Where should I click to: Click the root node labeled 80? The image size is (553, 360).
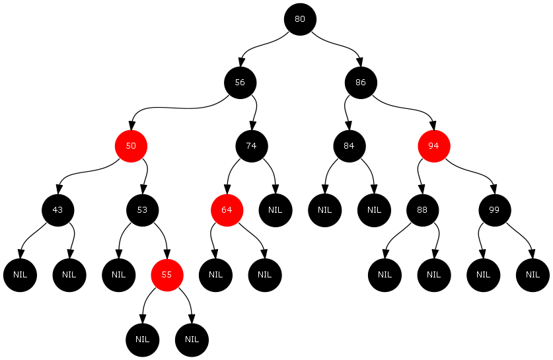[x=300, y=18]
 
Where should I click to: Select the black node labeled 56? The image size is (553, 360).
[x=240, y=83]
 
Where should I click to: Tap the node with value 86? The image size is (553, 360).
[x=361, y=83]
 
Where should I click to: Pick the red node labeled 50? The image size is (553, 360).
[x=131, y=146]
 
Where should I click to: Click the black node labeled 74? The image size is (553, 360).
[x=252, y=146]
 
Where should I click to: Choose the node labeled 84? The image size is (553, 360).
[x=350, y=146]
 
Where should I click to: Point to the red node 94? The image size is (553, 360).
[x=433, y=146]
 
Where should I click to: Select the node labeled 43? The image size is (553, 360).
[x=57, y=210]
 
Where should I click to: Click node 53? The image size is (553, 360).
[x=142, y=210]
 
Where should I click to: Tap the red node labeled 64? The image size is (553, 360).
[x=227, y=210]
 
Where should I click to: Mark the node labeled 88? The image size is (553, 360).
[x=422, y=210]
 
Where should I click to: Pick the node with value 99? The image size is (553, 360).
[x=495, y=210]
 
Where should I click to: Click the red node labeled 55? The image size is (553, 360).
[x=167, y=274]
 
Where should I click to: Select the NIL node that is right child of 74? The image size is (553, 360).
[x=276, y=210]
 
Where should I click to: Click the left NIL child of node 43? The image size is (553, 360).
[x=20, y=274]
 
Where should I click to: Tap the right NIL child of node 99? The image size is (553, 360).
[x=533, y=274]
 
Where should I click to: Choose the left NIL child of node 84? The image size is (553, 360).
[x=324, y=210]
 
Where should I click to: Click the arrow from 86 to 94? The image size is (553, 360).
[x=410, y=109]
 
